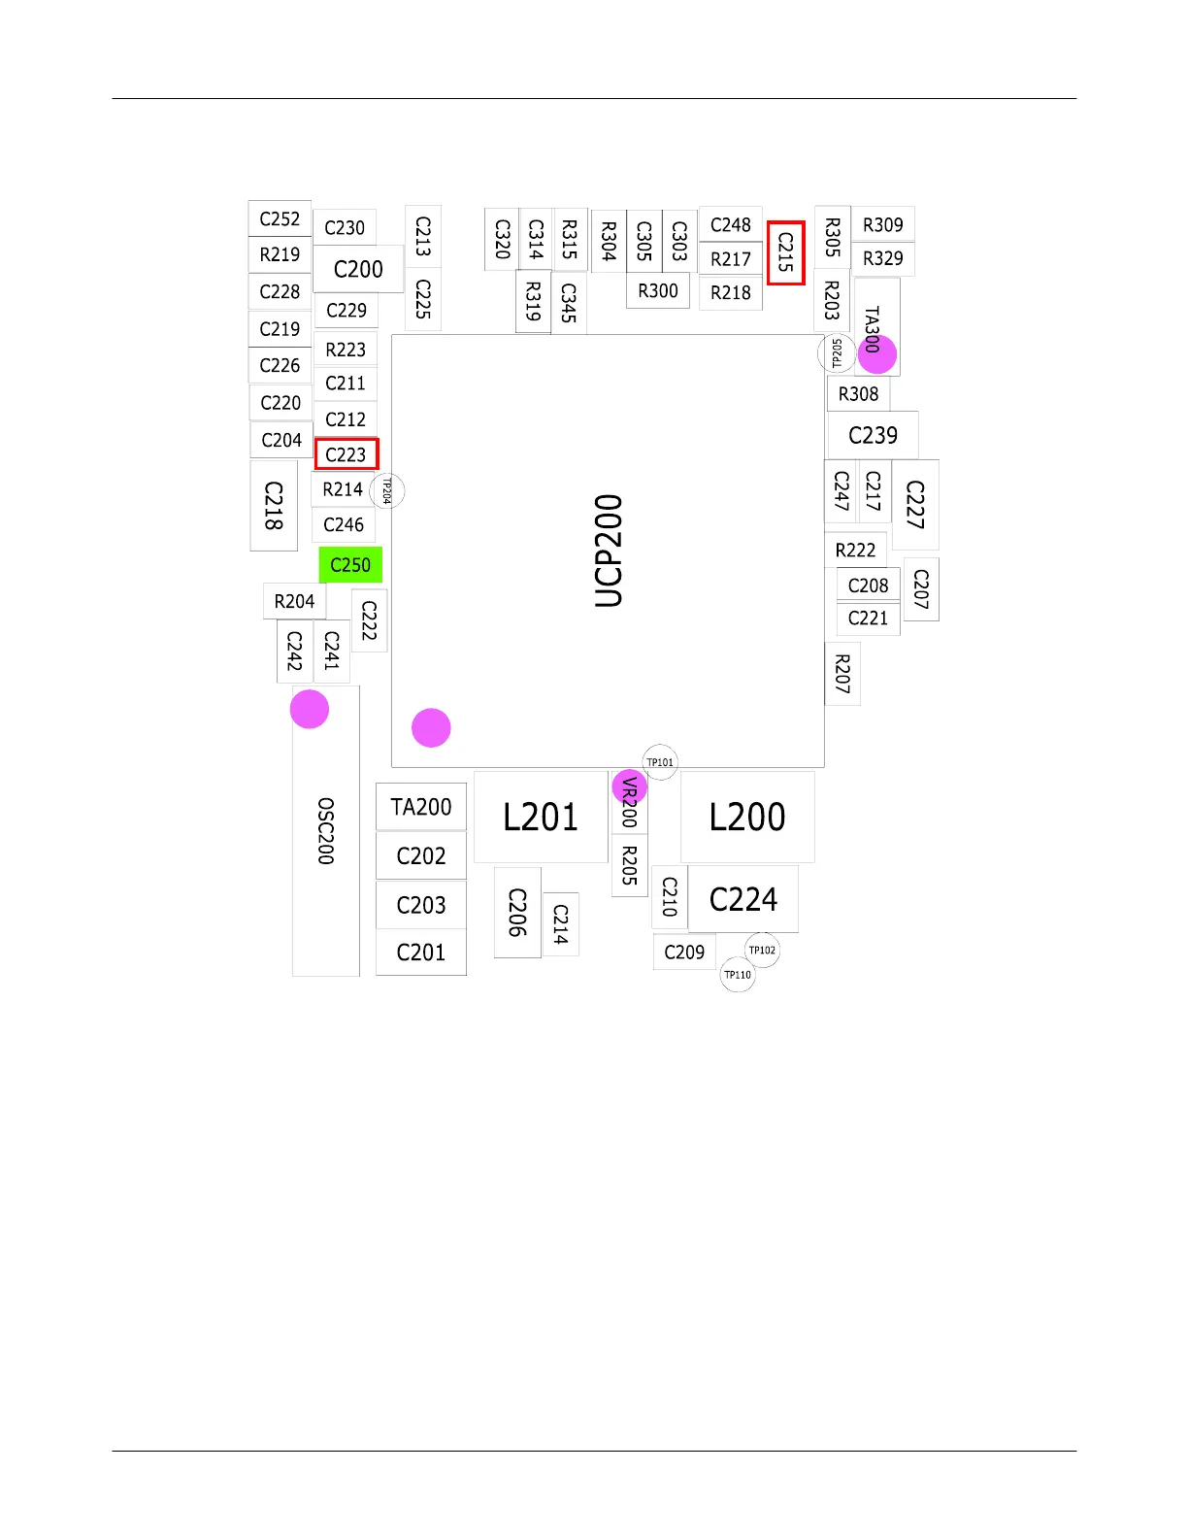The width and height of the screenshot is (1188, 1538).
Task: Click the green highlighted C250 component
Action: click(x=350, y=565)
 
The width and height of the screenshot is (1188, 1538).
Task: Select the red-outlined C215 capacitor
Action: click(x=786, y=252)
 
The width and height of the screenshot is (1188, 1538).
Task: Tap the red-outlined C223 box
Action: click(x=346, y=454)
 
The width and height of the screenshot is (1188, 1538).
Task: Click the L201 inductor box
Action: click(x=541, y=817)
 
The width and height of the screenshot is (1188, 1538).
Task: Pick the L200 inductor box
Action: click(x=747, y=817)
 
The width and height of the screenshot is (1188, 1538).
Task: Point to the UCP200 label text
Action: click(x=609, y=551)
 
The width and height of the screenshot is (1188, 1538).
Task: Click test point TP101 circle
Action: click(x=660, y=762)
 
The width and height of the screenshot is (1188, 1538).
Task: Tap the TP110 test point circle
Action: click(x=738, y=975)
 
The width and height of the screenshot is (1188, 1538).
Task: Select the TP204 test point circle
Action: click(x=386, y=490)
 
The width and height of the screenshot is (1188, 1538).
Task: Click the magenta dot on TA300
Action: click(x=877, y=354)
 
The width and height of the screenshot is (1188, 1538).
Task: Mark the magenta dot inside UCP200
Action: click(x=431, y=728)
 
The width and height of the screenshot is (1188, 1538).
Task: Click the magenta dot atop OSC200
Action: click(x=310, y=709)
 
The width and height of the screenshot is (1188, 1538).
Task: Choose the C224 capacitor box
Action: click(x=743, y=899)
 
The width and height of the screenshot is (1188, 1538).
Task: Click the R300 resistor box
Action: click(x=658, y=291)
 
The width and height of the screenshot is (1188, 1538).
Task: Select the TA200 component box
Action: click(x=421, y=807)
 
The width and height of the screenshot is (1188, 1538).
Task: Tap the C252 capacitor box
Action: click(x=280, y=219)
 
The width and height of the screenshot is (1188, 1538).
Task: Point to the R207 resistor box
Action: click(x=842, y=674)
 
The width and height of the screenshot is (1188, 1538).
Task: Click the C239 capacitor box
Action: click(x=873, y=435)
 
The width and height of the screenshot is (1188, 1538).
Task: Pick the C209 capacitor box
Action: click(x=684, y=953)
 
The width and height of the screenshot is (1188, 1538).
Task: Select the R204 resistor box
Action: click(x=294, y=601)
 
